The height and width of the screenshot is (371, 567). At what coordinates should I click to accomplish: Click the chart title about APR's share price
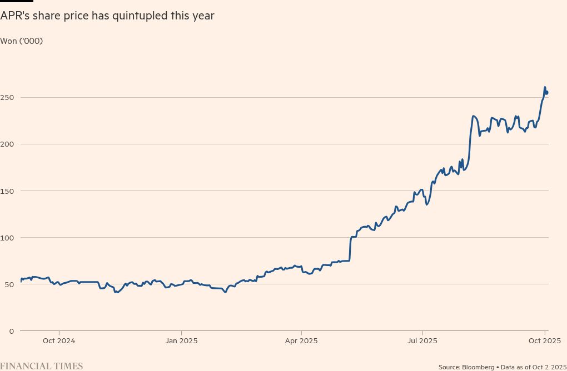click(107, 16)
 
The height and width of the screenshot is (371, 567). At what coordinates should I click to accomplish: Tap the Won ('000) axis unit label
click(22, 41)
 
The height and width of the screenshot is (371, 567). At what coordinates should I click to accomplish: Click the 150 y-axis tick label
click(8, 191)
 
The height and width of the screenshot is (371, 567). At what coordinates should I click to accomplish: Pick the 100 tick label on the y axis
click(8, 238)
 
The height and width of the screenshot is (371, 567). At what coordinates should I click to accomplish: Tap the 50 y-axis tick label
click(6, 284)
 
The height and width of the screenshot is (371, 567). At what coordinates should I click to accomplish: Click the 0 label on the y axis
click(3, 331)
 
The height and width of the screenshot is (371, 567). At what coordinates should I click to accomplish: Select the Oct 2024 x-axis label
click(59, 340)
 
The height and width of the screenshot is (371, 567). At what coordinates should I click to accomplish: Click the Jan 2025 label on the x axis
click(181, 340)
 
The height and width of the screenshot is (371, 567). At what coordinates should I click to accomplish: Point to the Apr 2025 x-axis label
click(301, 340)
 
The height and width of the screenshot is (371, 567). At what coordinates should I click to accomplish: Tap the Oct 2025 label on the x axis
click(544, 340)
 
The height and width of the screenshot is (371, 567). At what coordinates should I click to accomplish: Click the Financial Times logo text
click(42, 366)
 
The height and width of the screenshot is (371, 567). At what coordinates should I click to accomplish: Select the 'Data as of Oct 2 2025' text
click(531, 367)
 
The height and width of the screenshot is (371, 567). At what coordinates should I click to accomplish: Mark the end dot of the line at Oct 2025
click(547, 93)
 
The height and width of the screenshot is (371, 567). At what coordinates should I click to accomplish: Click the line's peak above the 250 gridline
click(545, 87)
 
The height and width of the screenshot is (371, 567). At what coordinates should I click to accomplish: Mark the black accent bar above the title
click(17, 1)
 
